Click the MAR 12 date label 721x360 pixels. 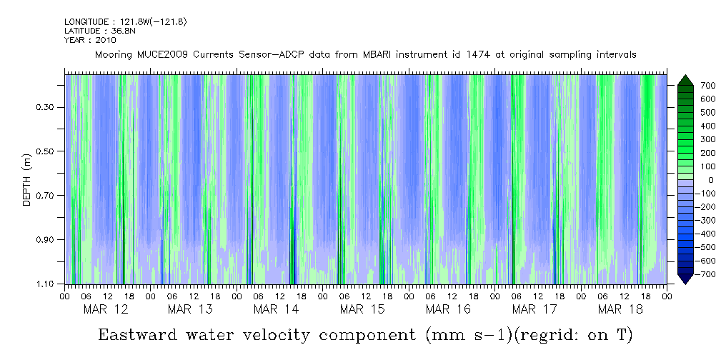click(x=106, y=309)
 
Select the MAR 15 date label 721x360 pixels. click(x=362, y=309)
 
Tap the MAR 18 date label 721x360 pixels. click(x=620, y=309)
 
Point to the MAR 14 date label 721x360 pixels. click(x=277, y=309)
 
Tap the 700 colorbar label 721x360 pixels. click(x=688, y=86)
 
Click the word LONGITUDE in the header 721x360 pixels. click(x=86, y=22)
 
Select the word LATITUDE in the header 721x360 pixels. click(x=82, y=31)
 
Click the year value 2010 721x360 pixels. click(x=106, y=40)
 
